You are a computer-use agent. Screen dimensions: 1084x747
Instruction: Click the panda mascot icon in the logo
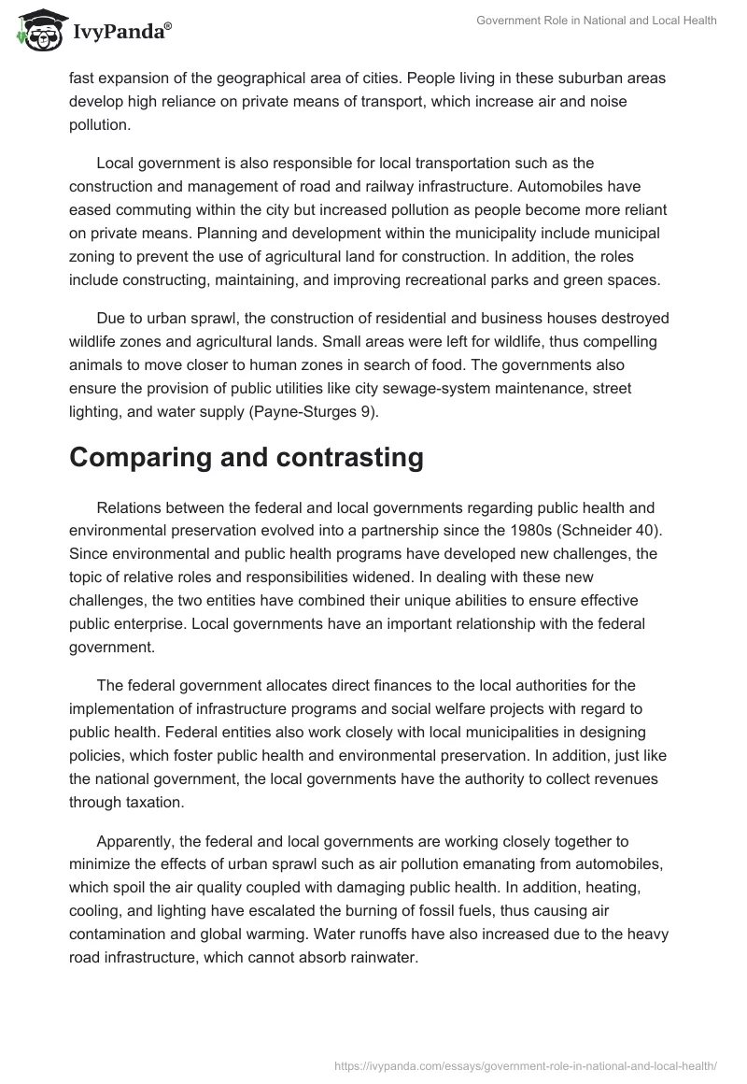[x=35, y=31]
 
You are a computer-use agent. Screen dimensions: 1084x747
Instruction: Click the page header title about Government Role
[x=596, y=21]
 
